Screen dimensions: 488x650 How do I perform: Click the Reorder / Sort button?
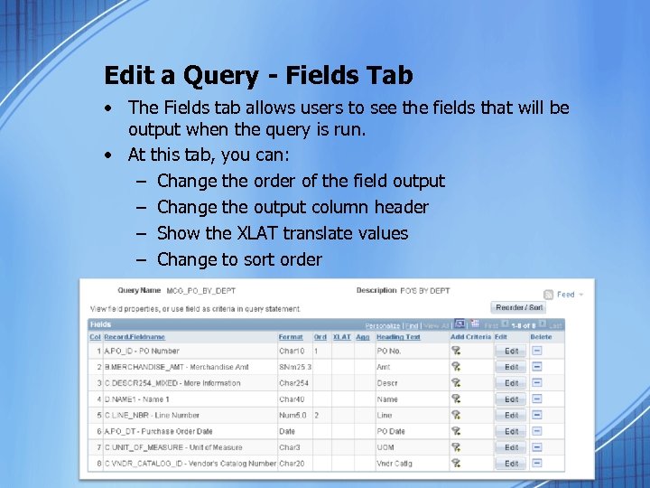point(519,307)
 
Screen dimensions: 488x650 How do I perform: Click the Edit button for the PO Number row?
point(511,351)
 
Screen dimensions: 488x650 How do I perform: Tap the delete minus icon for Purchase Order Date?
point(537,431)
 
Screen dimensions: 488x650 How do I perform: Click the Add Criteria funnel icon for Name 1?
point(457,399)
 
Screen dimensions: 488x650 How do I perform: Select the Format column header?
point(290,337)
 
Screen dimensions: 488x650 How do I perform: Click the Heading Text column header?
point(398,337)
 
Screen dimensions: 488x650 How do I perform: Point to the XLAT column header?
point(341,337)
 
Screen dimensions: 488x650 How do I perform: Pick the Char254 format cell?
point(292,383)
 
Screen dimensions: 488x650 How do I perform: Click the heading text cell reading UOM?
point(385,447)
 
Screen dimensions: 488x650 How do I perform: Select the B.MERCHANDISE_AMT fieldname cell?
point(176,367)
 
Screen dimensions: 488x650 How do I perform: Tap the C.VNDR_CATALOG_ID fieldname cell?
point(190,464)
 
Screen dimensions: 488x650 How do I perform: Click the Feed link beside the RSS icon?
point(565,295)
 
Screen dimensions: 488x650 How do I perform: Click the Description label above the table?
point(376,291)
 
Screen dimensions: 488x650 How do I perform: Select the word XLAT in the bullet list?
point(257,233)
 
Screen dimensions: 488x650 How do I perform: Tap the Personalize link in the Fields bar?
point(383,325)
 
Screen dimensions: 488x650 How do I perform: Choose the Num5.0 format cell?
point(294,415)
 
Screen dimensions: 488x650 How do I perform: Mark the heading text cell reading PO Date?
point(391,431)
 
